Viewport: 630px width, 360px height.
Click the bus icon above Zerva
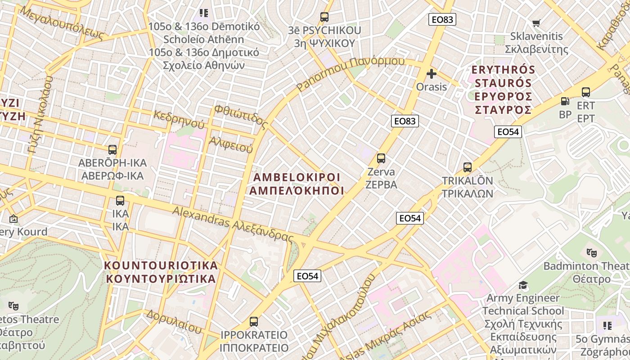pyautogui.click(x=381, y=158)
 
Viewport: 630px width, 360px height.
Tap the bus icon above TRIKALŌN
pyautogui.click(x=468, y=167)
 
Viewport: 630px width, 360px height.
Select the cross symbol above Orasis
pyautogui.click(x=432, y=74)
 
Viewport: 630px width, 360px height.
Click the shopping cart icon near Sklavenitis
pyautogui.click(x=536, y=23)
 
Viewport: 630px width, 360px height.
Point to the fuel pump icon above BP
pyautogui.click(x=565, y=102)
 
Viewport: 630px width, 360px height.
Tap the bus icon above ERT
pyautogui.click(x=586, y=92)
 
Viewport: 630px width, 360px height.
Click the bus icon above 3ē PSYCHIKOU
pyautogui.click(x=324, y=17)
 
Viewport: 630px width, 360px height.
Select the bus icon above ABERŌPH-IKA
pyautogui.click(x=112, y=149)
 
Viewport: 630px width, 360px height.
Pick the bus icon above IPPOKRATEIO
pyautogui.click(x=254, y=322)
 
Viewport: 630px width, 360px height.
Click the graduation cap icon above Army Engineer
pyautogui.click(x=523, y=285)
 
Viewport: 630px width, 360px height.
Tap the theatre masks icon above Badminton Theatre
pyautogui.click(x=591, y=253)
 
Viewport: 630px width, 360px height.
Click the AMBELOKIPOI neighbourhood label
pyautogui.click(x=297, y=184)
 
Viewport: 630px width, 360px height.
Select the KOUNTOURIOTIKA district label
pyautogui.click(x=162, y=272)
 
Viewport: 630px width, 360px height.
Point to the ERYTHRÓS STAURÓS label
pyautogui.click(x=503, y=90)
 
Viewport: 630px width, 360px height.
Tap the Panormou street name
pyautogui.click(x=351, y=73)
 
